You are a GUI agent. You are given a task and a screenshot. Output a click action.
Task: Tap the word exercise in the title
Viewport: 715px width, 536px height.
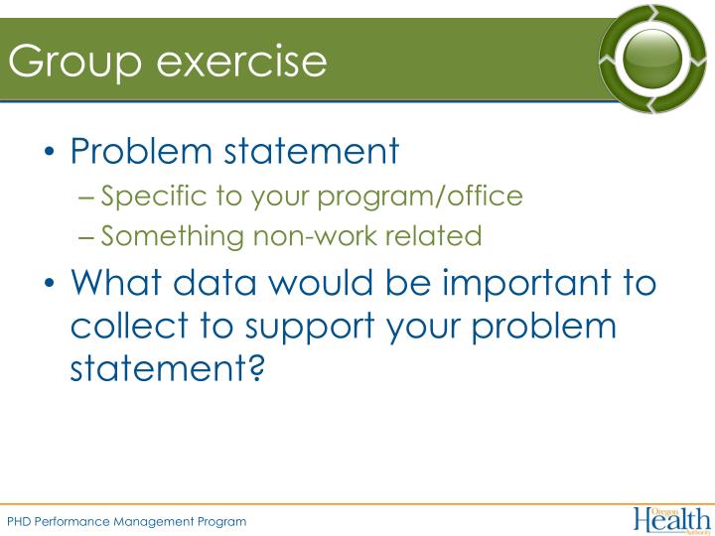(x=242, y=61)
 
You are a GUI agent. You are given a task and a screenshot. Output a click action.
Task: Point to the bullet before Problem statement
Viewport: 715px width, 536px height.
(x=51, y=154)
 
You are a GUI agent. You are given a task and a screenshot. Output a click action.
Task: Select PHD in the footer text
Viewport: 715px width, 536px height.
(x=19, y=521)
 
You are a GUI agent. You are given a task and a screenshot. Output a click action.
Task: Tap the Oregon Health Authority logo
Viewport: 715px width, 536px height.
(x=671, y=519)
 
